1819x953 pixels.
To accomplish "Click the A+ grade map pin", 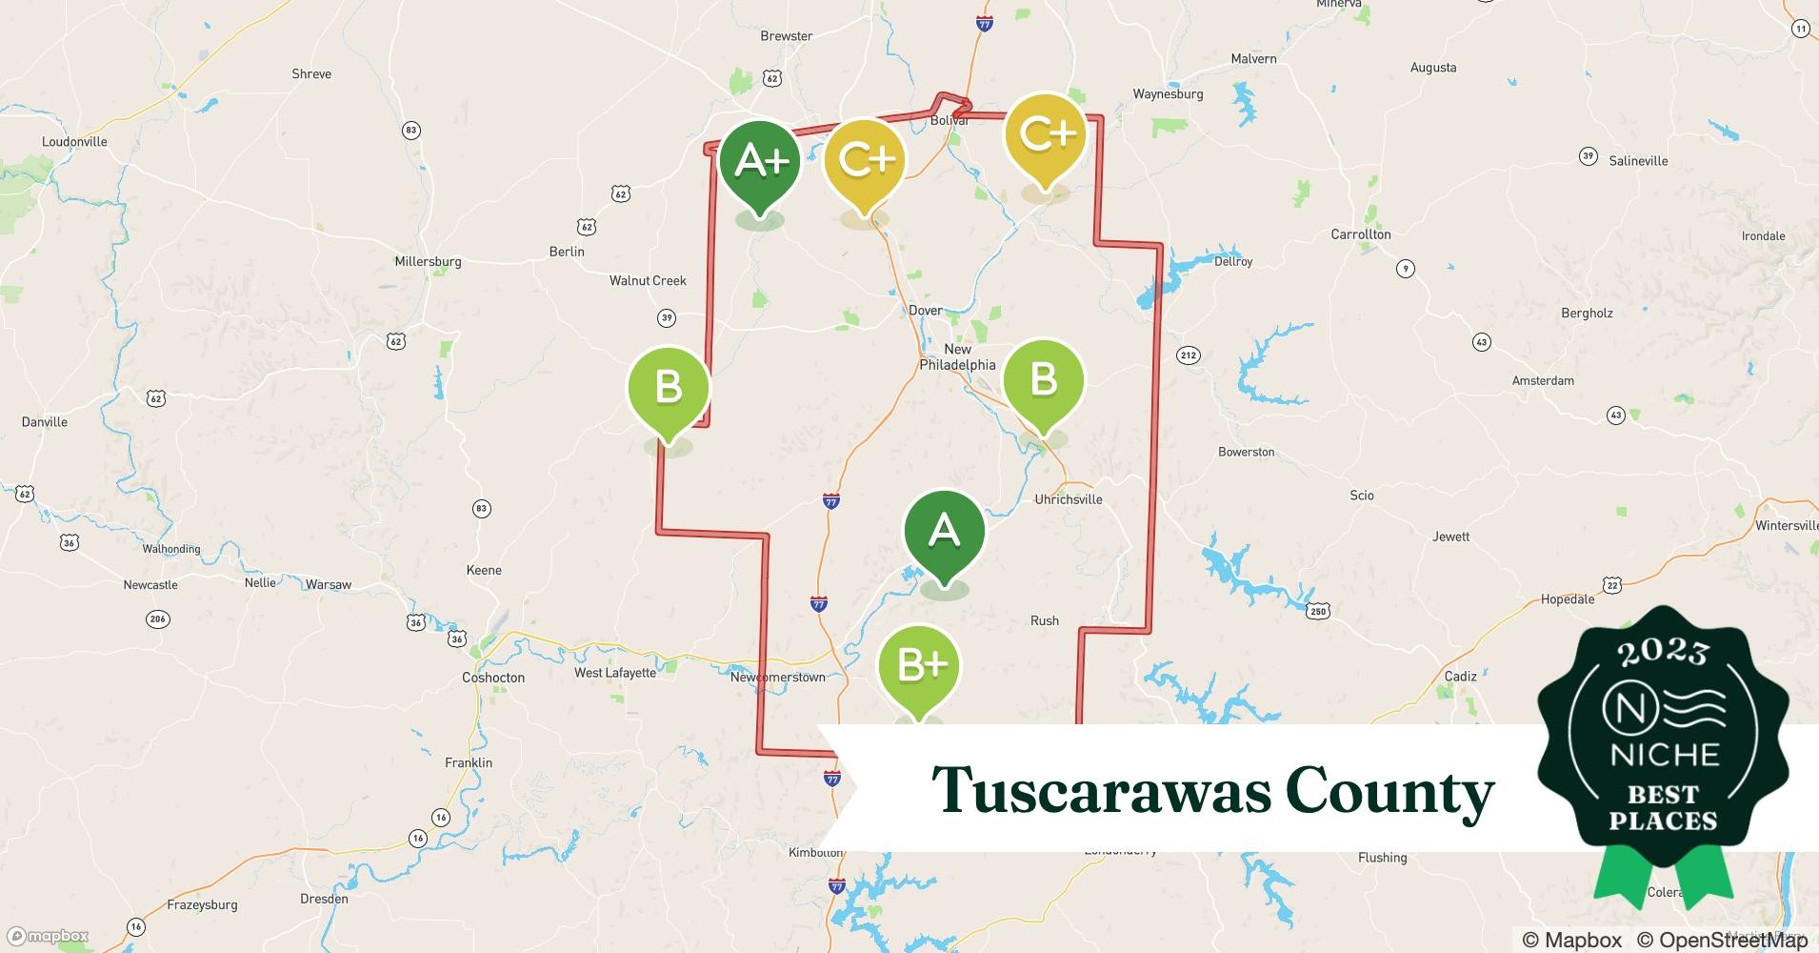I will (760, 163).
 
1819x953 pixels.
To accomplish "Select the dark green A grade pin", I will (944, 531).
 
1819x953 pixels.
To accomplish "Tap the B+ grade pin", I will (919, 666).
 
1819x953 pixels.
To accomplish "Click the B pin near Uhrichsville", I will (1044, 380).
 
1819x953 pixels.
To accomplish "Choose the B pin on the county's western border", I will (669, 388).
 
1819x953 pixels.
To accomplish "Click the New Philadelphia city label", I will (957, 357).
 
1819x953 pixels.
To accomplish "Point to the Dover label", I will (925, 311).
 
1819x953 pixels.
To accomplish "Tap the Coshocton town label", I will (493, 678).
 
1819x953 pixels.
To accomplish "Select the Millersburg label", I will (428, 261).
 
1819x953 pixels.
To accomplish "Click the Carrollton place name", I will (1361, 234).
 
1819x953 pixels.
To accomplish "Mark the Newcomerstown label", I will (778, 678).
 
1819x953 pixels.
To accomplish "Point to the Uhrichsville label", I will (1069, 499).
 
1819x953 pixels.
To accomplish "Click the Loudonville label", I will (74, 142).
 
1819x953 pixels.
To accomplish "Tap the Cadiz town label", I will (1460, 677).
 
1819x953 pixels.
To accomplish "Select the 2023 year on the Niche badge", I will (1663, 652).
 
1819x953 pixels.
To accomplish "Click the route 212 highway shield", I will (1188, 355).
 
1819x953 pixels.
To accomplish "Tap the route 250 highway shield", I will (1318, 611).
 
